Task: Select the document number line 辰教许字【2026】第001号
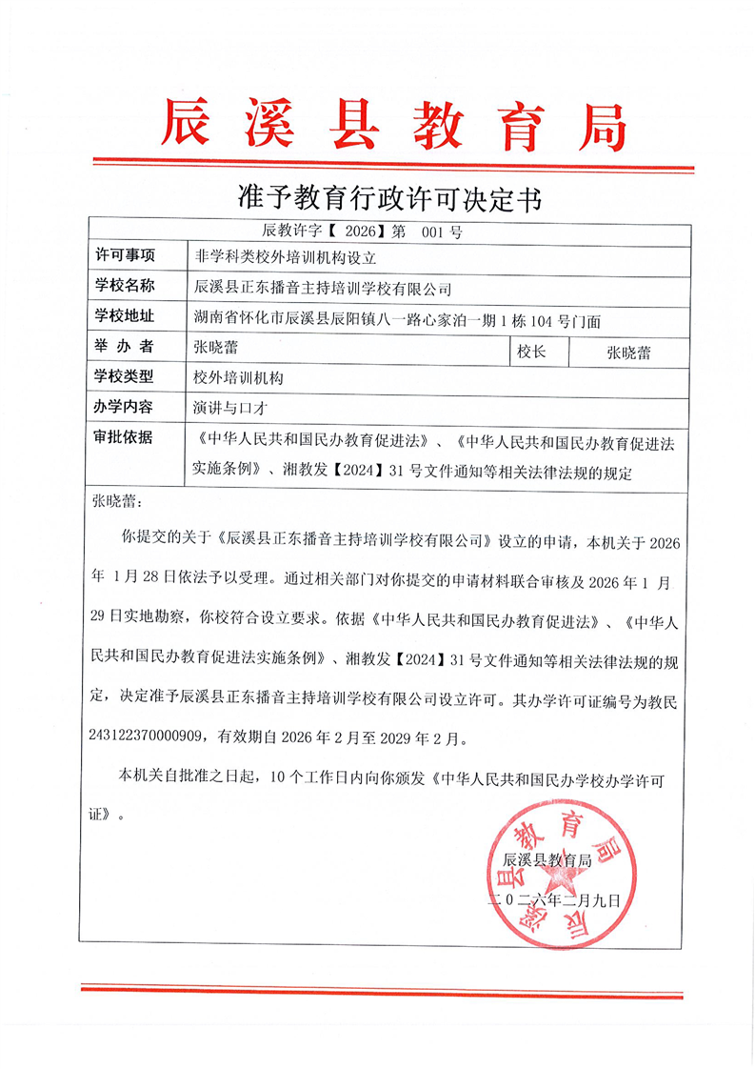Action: [361, 232]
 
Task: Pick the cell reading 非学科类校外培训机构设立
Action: [272, 257]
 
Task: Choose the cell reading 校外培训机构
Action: [238, 378]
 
